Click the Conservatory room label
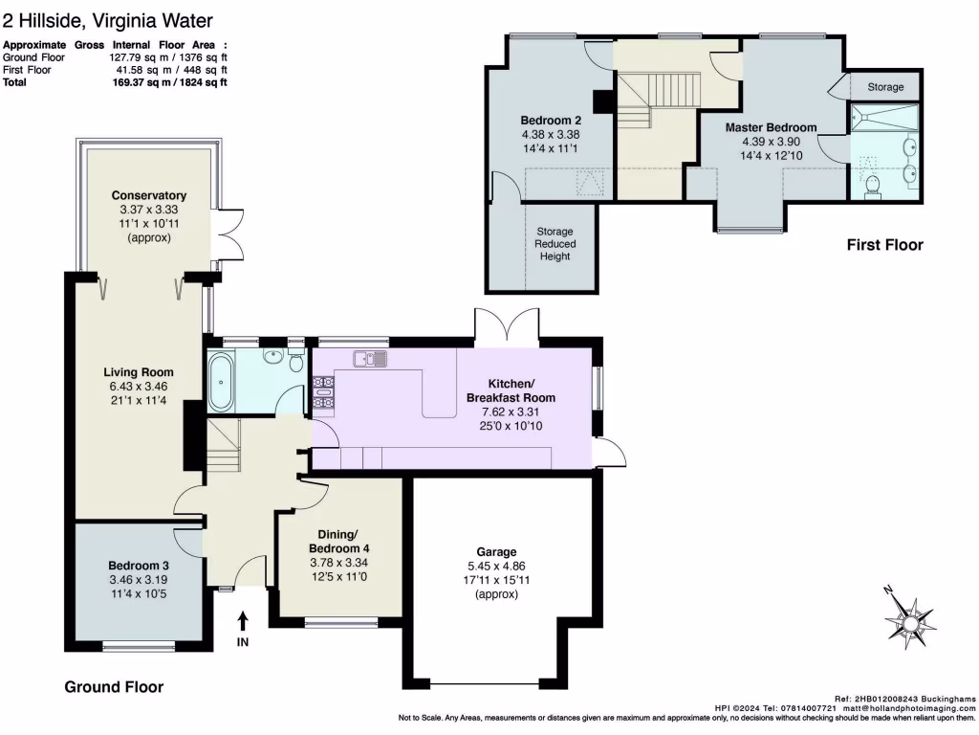coord(148,195)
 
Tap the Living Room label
coord(139,372)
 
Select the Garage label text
coord(496,552)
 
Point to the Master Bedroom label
coord(772,127)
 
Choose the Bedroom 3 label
coord(139,566)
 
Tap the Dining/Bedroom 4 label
coord(339,542)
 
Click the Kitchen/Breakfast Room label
coord(511,390)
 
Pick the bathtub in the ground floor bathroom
coord(221,381)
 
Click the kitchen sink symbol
coord(370,359)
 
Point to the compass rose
coord(911,620)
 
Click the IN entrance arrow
coord(243,622)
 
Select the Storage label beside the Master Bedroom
coord(885,87)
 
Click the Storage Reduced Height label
coord(555,244)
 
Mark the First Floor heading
coord(884,245)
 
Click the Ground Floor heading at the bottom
coord(114,687)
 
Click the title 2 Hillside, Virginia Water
coord(108,21)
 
